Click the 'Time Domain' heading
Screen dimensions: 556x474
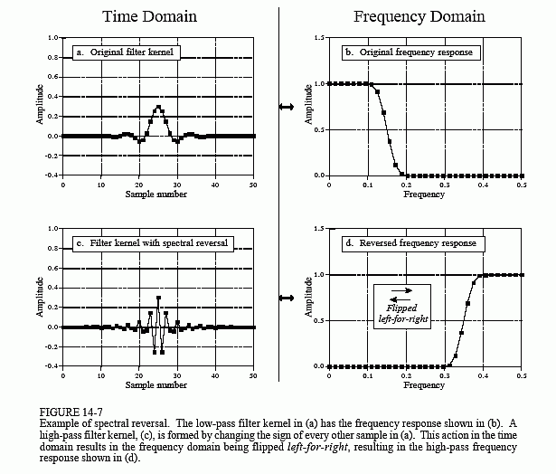tap(149, 16)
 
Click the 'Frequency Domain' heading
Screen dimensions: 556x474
tap(419, 16)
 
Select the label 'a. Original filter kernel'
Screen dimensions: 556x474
tap(127, 52)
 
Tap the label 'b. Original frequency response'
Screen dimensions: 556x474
tap(411, 52)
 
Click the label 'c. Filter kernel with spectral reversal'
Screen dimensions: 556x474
tap(153, 243)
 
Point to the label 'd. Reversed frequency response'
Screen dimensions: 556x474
tap(413, 243)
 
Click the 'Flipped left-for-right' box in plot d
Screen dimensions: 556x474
tap(402, 307)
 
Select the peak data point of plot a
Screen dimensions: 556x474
tap(158, 107)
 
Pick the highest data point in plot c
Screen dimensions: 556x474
tap(158, 298)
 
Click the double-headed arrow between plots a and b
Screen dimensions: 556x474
tap(287, 107)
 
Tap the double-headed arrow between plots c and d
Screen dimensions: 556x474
tap(287, 298)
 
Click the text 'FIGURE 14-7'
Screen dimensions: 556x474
tap(71, 412)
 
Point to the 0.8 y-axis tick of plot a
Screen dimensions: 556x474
tap(52, 58)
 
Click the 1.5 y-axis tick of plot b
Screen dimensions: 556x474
tap(319, 38)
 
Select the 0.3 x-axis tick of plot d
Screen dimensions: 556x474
tap(445, 375)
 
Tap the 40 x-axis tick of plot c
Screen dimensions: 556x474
tap(215, 375)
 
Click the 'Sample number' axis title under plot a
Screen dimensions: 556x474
tap(156, 194)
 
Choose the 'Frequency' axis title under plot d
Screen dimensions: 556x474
tap(424, 385)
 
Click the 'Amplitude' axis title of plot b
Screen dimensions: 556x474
tap(308, 104)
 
